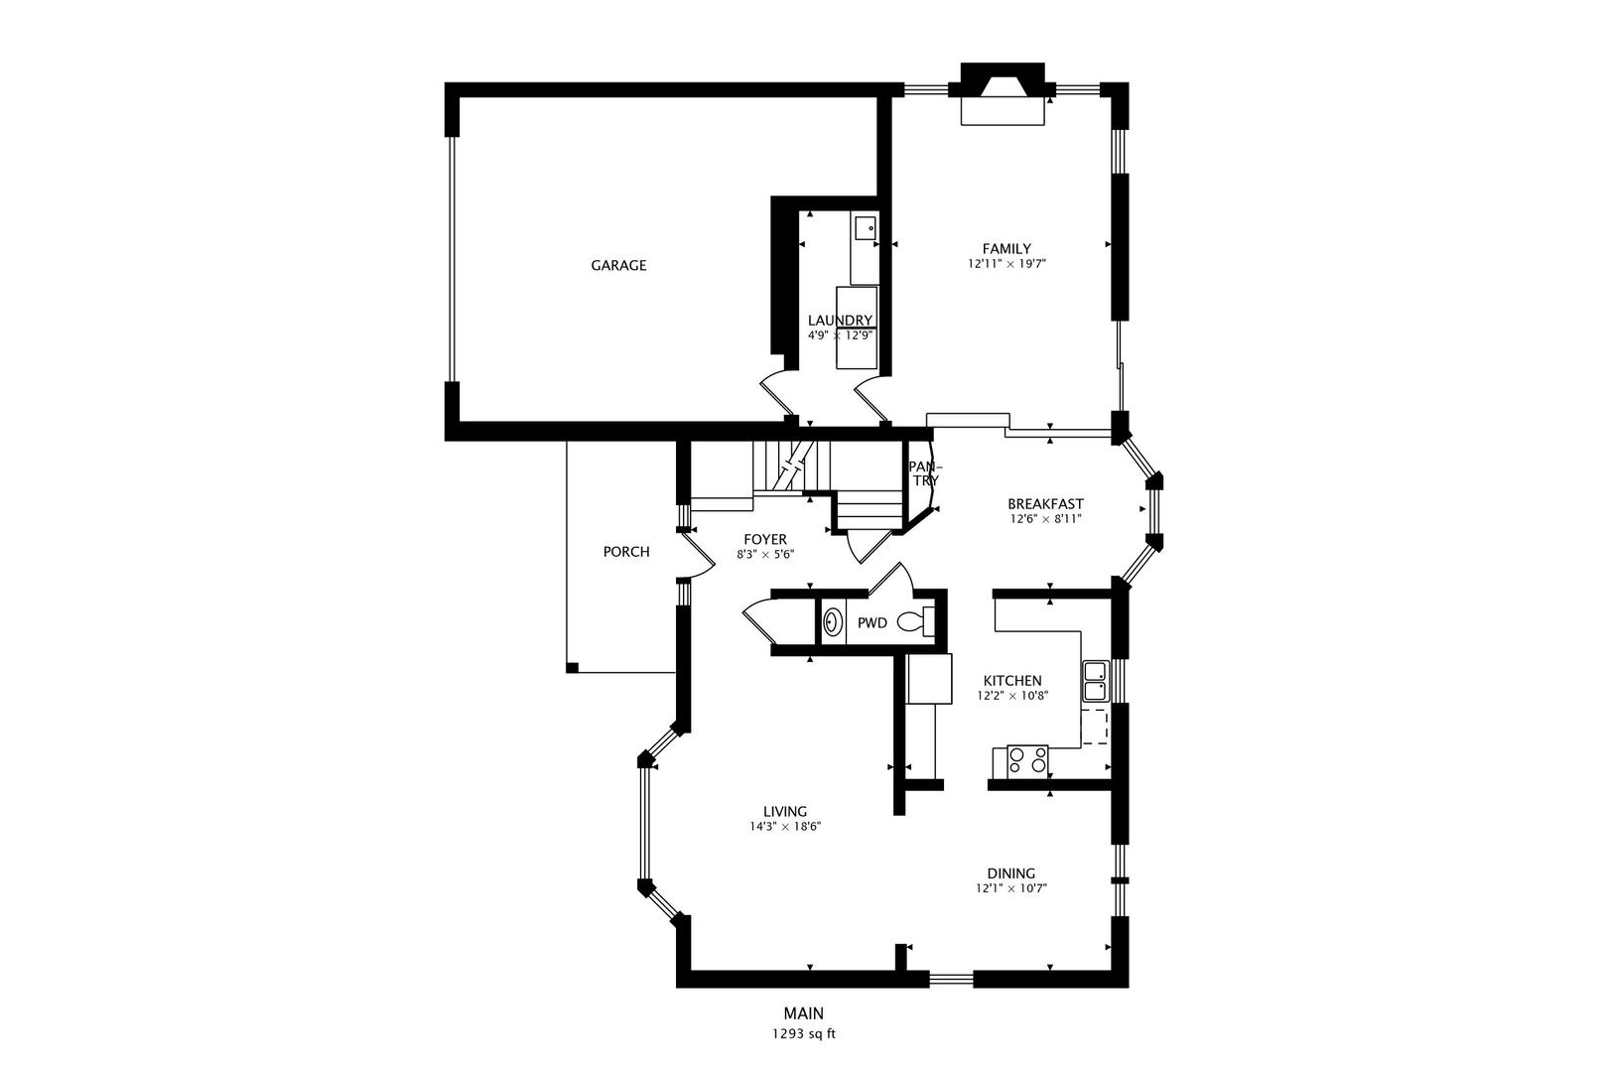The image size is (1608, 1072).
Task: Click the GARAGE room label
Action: (618, 266)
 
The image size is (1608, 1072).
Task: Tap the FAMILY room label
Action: (1006, 249)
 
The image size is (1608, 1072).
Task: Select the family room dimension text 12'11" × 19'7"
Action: (1006, 264)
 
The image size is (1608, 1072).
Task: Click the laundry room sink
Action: (866, 227)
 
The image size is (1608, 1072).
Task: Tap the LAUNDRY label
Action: (840, 321)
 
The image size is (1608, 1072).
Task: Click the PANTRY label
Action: (925, 473)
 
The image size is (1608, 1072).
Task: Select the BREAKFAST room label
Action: (1045, 504)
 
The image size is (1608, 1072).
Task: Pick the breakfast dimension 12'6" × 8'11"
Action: (1045, 519)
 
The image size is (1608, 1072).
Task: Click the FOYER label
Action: (765, 540)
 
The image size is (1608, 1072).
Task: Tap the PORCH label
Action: (626, 552)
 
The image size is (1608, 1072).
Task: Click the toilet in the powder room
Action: (916, 621)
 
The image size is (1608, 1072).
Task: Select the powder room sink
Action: (833, 621)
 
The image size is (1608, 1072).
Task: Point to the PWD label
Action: (872, 623)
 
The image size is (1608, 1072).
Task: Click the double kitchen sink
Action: (1096, 681)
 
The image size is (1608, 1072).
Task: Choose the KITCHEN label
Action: (1012, 681)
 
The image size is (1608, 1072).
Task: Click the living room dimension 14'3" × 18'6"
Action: (785, 827)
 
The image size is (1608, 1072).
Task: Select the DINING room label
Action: (1010, 873)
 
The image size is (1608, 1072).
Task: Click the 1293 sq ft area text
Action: (804, 1034)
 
